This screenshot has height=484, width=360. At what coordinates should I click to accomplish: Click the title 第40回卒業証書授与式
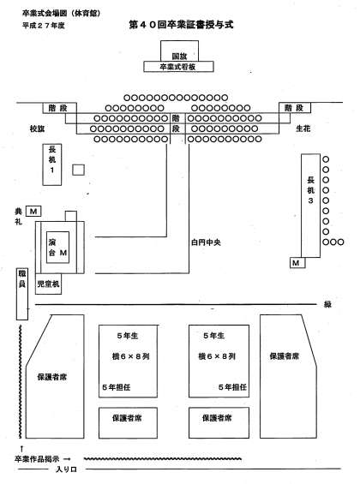[x=181, y=25]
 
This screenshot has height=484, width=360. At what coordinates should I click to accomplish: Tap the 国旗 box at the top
[x=179, y=51]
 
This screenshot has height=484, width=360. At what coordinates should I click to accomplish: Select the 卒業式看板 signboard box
[x=178, y=67]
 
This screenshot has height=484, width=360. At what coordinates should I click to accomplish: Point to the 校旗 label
[x=37, y=128]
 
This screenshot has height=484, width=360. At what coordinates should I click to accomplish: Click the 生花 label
[x=303, y=128]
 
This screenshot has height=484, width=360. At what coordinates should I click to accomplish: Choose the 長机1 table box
[x=52, y=164]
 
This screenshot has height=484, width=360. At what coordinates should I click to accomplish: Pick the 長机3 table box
[x=310, y=206]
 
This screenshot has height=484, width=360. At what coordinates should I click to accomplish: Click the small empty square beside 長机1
[x=78, y=170]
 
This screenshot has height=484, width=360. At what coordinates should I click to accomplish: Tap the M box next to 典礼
[x=33, y=212]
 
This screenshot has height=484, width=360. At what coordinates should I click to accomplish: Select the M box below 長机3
[x=297, y=263]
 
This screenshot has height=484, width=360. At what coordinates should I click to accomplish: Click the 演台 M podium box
[x=57, y=248]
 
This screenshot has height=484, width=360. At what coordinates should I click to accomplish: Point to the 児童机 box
[x=48, y=284]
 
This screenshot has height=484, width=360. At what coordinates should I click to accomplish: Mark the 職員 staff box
[x=22, y=294]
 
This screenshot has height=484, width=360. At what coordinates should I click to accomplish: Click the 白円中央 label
[x=206, y=242]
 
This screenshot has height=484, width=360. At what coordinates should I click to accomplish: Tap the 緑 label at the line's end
[x=327, y=304]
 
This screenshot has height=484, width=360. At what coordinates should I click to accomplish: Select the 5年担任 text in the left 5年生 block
[x=117, y=387]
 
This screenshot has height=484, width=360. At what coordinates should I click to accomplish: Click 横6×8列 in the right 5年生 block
[x=217, y=356]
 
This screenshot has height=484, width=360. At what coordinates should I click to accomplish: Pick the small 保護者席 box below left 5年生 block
[x=128, y=422]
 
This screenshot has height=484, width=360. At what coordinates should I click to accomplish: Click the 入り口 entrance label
[x=66, y=469]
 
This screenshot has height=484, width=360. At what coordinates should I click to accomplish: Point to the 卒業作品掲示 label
[x=37, y=459]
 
